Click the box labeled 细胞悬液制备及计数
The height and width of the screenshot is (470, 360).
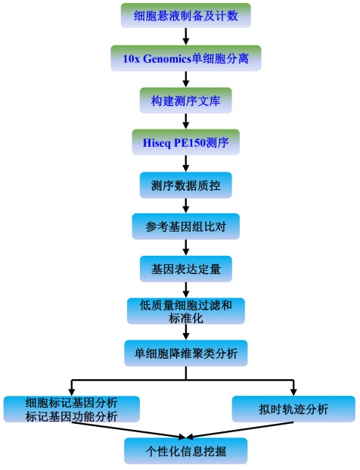tap(186, 16)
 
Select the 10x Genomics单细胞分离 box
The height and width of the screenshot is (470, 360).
tap(186, 58)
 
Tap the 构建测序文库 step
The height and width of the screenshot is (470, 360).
tap(186, 101)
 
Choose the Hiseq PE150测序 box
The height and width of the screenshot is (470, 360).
tap(186, 142)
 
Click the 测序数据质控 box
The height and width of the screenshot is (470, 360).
tap(186, 185)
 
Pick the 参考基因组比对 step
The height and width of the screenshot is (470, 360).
tap(186, 226)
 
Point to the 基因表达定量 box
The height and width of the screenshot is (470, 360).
tap(186, 269)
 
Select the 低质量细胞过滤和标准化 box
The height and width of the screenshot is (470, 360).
tap(186, 311)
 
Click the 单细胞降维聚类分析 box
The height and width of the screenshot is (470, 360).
tap(186, 353)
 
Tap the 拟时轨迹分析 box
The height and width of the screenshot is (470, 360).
tap(293, 409)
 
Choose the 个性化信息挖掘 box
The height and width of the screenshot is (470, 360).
tap(186, 451)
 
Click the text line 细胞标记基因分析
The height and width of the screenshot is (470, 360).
tap(71, 403)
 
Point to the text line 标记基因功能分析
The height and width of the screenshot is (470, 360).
tap(71, 416)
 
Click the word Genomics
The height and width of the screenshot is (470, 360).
tap(167, 58)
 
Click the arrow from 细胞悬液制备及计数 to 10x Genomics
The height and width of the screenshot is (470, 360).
tap(186, 36)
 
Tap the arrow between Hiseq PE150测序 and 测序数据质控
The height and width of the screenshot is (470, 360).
tap(186, 163)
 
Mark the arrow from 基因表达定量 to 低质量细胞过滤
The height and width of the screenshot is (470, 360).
tap(186, 290)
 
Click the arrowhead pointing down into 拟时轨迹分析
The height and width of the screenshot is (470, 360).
tap(293, 392)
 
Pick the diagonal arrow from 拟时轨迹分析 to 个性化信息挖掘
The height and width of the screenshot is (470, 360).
tap(240, 430)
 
